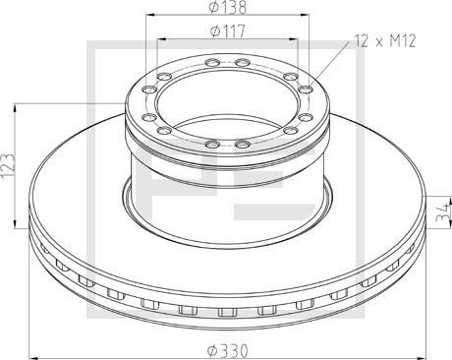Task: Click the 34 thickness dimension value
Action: (x=443, y=210)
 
